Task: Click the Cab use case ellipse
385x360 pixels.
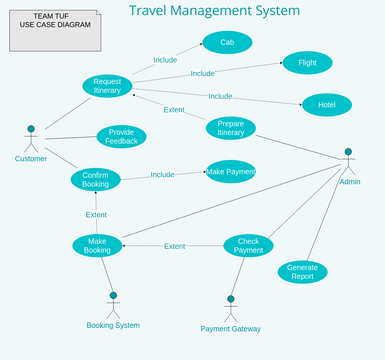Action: [x=227, y=42]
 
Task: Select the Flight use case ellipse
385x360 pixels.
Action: [x=307, y=63]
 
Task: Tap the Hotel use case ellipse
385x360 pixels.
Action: [x=326, y=105]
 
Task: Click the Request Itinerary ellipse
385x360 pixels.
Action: [x=107, y=86]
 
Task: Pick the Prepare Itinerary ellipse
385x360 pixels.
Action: [x=230, y=128]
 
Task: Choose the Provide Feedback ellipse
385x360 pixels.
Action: [x=121, y=137]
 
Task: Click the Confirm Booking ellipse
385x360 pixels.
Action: [x=96, y=180]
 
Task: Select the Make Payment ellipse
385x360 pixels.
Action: [x=230, y=172]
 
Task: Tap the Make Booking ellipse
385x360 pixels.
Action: [x=97, y=245]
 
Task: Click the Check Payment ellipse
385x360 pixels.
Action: [x=248, y=245]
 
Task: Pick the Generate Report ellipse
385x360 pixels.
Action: [x=302, y=272]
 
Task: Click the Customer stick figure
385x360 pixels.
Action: [x=31, y=139]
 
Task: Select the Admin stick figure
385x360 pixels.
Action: [x=348, y=162]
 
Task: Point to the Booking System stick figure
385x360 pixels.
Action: [x=113, y=305]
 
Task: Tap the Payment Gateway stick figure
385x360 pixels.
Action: [x=230, y=308]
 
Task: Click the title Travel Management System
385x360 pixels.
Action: [x=214, y=11]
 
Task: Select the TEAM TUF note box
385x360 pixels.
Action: [x=55, y=30]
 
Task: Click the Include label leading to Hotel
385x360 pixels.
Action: [x=220, y=96]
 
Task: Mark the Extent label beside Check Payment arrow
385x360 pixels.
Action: [x=174, y=246]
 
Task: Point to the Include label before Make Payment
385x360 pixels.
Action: [x=162, y=175]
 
